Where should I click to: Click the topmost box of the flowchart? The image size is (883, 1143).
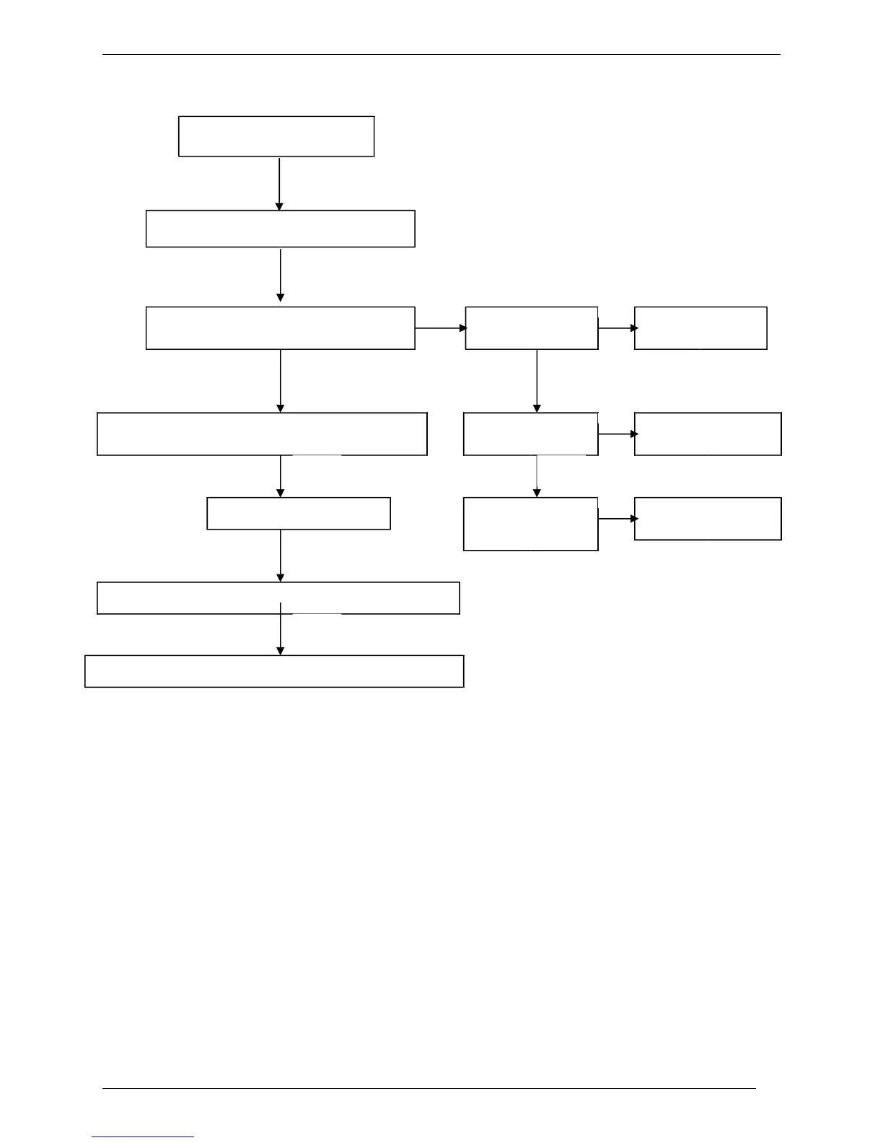(x=276, y=136)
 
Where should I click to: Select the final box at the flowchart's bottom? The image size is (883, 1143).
(x=274, y=671)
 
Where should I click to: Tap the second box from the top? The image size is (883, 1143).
(x=280, y=229)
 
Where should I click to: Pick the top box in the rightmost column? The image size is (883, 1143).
(x=700, y=328)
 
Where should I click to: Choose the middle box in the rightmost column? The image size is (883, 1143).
(x=708, y=434)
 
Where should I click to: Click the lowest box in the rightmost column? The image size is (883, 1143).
(x=708, y=518)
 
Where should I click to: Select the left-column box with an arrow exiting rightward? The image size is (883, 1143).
(x=280, y=328)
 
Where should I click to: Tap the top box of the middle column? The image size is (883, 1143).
(x=532, y=328)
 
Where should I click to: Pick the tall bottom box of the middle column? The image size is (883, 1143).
(x=531, y=524)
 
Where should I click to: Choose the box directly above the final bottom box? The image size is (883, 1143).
(x=278, y=598)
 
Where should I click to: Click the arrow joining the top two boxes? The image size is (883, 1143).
(x=279, y=183)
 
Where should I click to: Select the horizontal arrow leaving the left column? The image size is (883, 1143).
(x=441, y=328)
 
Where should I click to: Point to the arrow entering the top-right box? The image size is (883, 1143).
(x=617, y=328)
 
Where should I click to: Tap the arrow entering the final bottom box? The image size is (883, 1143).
(x=280, y=635)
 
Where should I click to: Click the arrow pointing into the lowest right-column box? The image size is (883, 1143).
(x=617, y=518)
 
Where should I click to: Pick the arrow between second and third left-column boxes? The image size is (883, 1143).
(x=280, y=275)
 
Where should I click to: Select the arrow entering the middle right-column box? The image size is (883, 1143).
(x=617, y=434)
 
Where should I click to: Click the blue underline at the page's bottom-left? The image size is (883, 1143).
(x=143, y=1137)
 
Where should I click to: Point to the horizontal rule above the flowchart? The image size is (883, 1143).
(x=441, y=54)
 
